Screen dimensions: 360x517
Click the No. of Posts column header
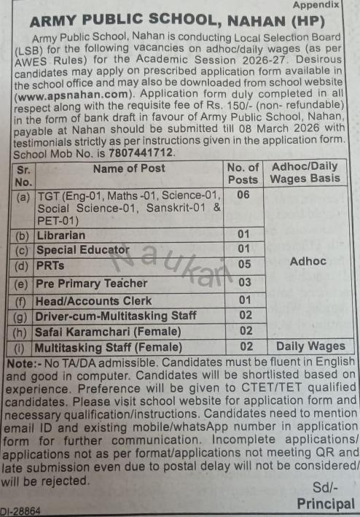coord(243,173)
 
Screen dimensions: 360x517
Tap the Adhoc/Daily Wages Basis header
coord(305,173)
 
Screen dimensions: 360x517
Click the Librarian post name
coord(62,235)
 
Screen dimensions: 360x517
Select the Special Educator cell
coord(82,249)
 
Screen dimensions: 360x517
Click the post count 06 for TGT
coord(243,195)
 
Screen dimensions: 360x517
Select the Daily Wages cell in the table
coord(310,346)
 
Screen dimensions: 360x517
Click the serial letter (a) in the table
coord(23,195)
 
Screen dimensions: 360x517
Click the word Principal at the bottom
coord(326,504)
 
